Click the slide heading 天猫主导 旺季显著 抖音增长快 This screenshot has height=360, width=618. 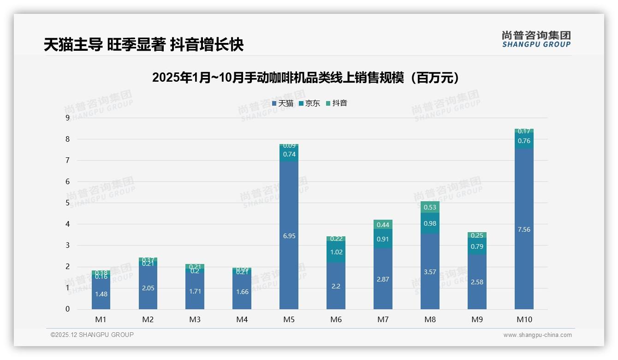pyautogui.click(x=143, y=45)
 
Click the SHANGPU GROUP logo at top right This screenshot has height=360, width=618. pyautogui.click(x=536, y=39)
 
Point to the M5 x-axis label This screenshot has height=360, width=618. pyautogui.click(x=289, y=319)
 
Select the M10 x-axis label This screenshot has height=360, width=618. pyautogui.click(x=523, y=319)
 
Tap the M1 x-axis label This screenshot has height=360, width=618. pyautogui.click(x=101, y=319)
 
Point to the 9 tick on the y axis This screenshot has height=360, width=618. pyautogui.click(x=67, y=118)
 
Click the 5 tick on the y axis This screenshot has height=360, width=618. pyautogui.click(x=67, y=203)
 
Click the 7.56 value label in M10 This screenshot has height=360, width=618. pyautogui.click(x=523, y=229)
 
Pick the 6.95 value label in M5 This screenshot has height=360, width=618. pyautogui.click(x=289, y=236)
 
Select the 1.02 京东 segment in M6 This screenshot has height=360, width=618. pyautogui.click(x=336, y=252)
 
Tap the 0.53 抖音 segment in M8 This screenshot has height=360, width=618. pyautogui.click(x=430, y=207)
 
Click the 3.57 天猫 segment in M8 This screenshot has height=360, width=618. pyautogui.click(x=430, y=272)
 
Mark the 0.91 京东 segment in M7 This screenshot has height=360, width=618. pyautogui.click(x=383, y=239)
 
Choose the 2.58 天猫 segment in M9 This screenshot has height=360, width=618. pyautogui.click(x=477, y=282)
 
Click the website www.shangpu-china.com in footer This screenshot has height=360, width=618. pyautogui.click(x=537, y=335)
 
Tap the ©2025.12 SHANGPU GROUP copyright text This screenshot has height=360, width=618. pyautogui.click(x=92, y=335)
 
